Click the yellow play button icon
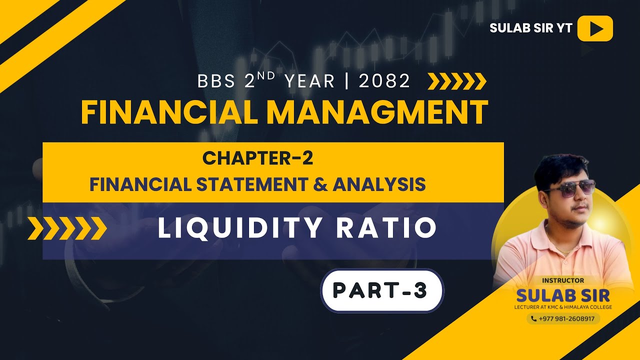point(595,28)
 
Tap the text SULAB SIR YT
point(530,28)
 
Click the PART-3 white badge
point(381,291)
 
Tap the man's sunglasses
point(570,188)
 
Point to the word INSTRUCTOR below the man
point(563,280)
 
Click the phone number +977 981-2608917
point(563,318)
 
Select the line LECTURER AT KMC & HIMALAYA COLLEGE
point(563,306)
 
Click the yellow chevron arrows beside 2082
point(457,81)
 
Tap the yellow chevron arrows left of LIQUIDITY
point(67,228)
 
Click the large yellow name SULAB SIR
point(563,294)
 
